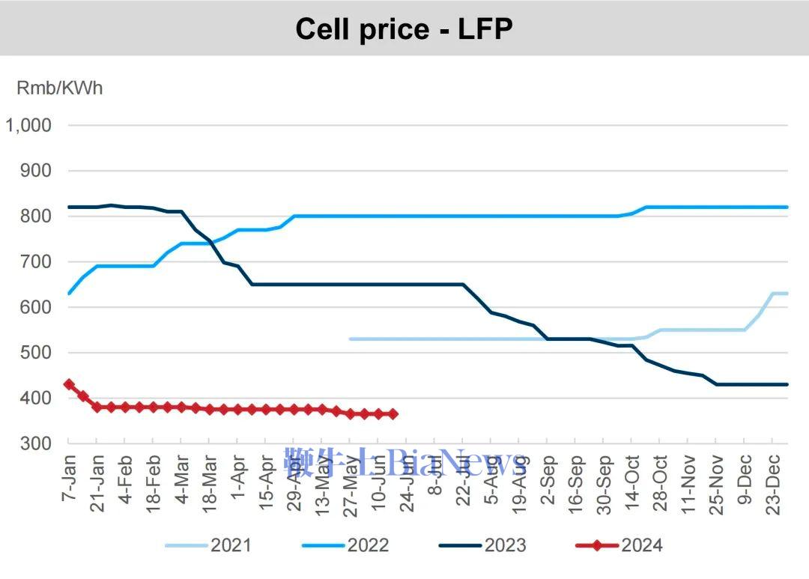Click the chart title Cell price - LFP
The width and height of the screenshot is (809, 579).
click(404, 28)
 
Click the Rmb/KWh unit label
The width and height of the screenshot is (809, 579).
click(60, 88)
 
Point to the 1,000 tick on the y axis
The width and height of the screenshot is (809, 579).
click(28, 125)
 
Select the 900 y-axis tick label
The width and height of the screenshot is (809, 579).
click(36, 171)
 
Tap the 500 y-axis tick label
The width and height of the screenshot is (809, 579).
click(36, 353)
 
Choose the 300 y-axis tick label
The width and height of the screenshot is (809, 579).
click(36, 443)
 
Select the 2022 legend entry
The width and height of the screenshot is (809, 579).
click(345, 545)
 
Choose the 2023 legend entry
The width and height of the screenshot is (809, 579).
click(483, 545)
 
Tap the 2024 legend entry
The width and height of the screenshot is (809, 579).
click(619, 545)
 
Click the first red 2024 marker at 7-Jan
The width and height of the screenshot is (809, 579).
click(69, 384)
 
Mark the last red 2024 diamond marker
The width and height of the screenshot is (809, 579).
click(393, 413)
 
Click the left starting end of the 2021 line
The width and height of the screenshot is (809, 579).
click(351, 339)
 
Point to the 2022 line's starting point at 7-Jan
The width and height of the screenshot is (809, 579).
click(69, 293)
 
